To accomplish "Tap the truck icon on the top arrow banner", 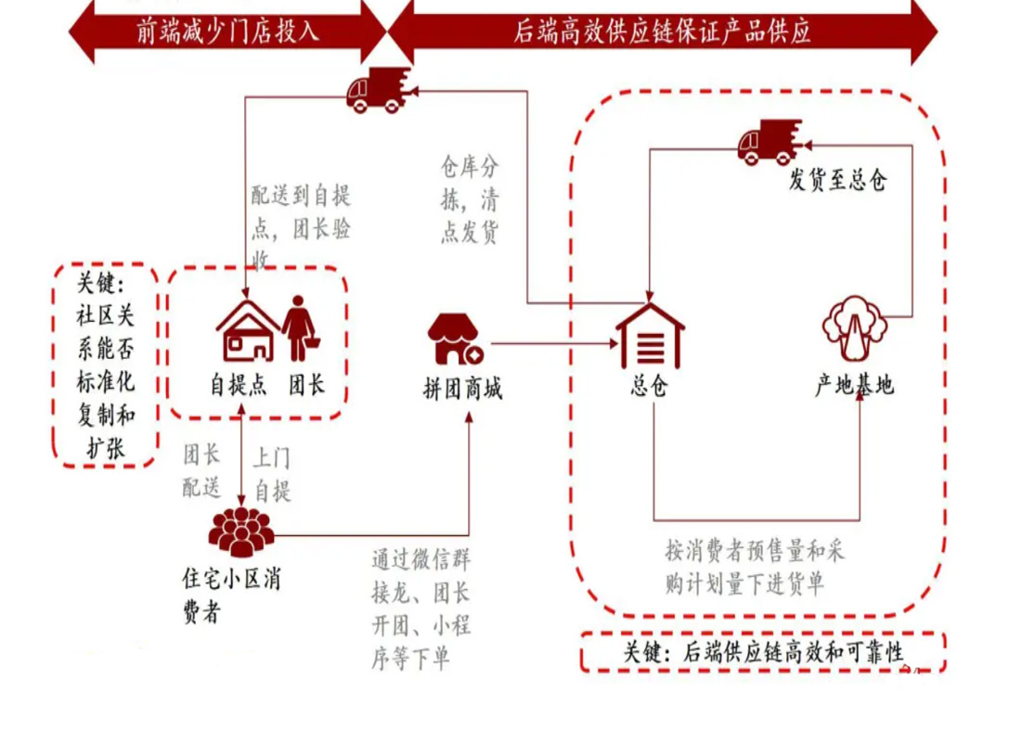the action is (x=379, y=89).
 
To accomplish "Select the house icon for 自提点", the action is (x=247, y=330).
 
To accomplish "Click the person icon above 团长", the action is (x=299, y=328).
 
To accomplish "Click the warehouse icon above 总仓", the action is (x=650, y=336).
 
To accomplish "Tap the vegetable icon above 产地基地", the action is (x=855, y=328).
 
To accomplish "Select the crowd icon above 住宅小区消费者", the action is (x=241, y=531).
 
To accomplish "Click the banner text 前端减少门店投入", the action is (x=227, y=32).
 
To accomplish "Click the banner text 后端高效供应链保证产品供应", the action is (x=662, y=32).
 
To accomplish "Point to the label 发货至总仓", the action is (x=838, y=180).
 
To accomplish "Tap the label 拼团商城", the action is (x=462, y=389).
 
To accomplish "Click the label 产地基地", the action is (x=855, y=385).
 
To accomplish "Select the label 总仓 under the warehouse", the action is (x=649, y=385).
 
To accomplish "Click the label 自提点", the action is (x=238, y=385).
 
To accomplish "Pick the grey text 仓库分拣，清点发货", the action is (x=470, y=199).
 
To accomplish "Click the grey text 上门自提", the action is (x=272, y=475).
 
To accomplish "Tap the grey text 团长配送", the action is (x=201, y=470).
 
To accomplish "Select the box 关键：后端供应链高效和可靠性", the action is (x=763, y=652).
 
